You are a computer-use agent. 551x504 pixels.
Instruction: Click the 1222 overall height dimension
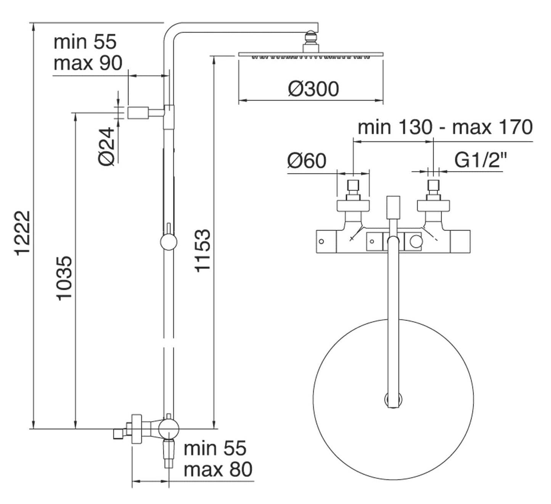tap(22, 232)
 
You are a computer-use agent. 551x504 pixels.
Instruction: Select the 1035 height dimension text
tap(64, 278)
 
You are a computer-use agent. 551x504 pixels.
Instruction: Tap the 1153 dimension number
tap(202, 250)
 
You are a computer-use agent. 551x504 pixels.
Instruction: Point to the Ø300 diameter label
tap(313, 89)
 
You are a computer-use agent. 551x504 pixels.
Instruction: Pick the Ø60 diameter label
tap(307, 161)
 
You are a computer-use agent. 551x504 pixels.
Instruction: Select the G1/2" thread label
tap(481, 160)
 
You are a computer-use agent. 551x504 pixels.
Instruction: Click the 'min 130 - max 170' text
tap(445, 127)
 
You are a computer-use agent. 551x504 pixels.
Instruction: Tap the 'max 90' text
tap(88, 63)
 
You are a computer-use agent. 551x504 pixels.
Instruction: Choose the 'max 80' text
tap(218, 469)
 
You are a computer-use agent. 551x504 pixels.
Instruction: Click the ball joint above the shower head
tap(311, 39)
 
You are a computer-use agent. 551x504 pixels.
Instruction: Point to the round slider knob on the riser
tap(169, 242)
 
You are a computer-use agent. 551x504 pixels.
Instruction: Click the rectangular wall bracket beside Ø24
tap(138, 113)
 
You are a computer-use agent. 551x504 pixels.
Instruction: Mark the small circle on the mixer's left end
tap(321, 242)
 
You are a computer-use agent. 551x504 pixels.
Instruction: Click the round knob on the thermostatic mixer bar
tap(416, 241)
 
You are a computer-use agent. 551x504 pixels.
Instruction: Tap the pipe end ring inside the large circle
tap(393, 400)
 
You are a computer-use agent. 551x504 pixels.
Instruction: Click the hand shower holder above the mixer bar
tap(393, 208)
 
